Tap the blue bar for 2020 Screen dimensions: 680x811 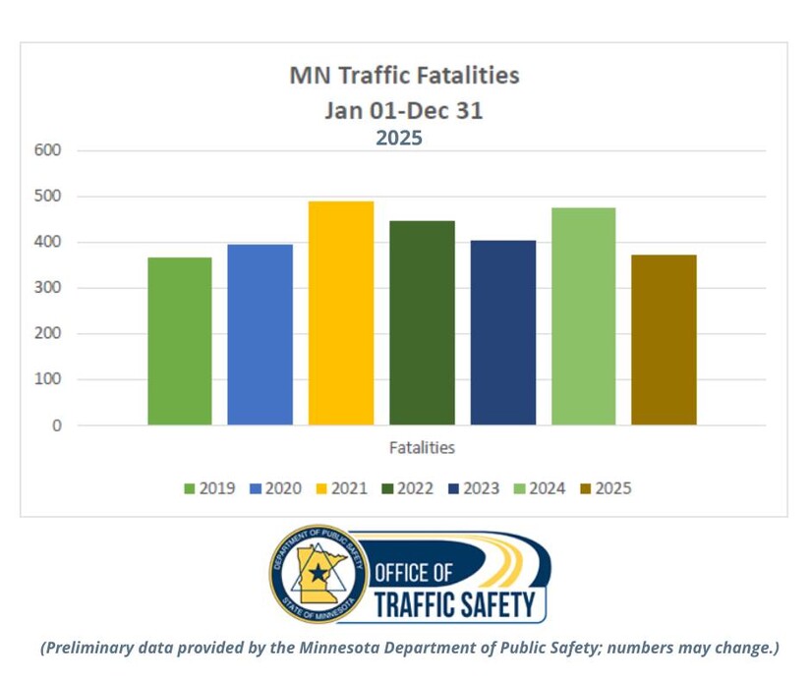pos(261,334)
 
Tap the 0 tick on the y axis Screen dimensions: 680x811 pos(56,425)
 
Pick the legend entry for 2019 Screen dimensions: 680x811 pos(209,488)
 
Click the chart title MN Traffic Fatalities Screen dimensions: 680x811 pos(404,75)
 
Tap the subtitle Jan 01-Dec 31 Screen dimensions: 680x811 pos(404,110)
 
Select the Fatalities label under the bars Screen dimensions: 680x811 pos(422,448)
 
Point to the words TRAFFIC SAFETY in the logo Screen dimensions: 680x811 pos(454,603)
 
